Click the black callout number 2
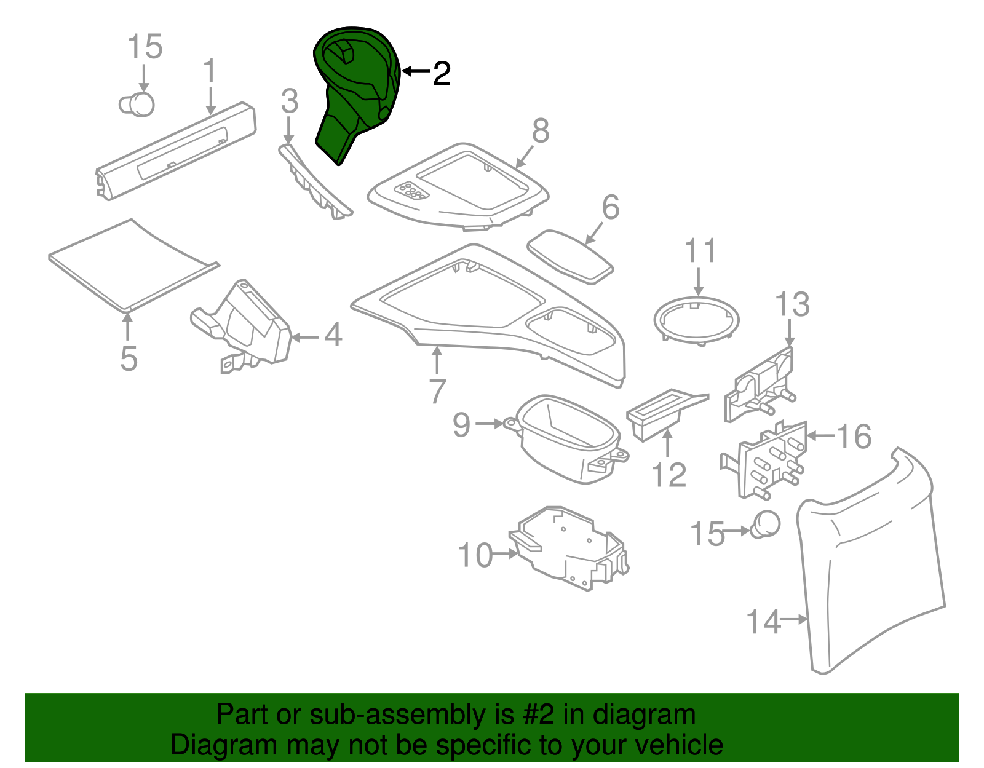pos(442,74)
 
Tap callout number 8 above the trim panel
pos(540,131)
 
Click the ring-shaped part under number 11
pos(696,320)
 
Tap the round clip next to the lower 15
pos(765,524)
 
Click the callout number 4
pos(333,336)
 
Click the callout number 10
pos(475,555)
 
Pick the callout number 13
pos(792,304)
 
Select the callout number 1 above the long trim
pos(210,72)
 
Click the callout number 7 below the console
pos(437,391)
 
